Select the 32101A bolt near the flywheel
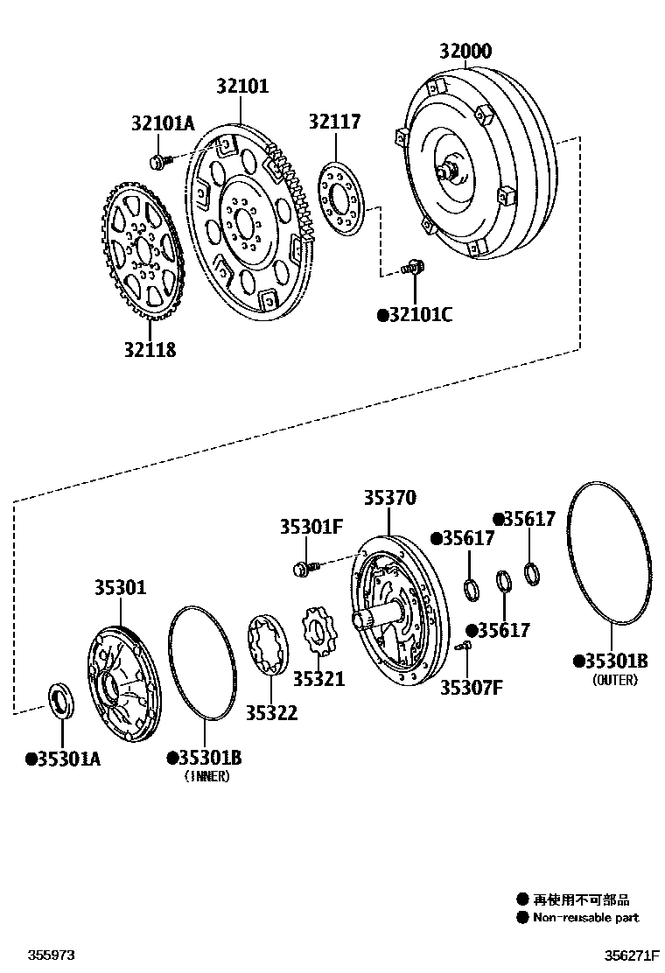[x=158, y=161]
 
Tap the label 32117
[x=333, y=122]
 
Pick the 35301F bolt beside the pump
[x=303, y=569]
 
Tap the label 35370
[x=389, y=498]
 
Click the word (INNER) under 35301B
[x=206, y=776]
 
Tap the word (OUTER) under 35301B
[x=614, y=680]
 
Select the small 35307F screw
[x=465, y=646]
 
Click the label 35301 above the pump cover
[x=121, y=587]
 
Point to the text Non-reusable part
[x=586, y=918]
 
